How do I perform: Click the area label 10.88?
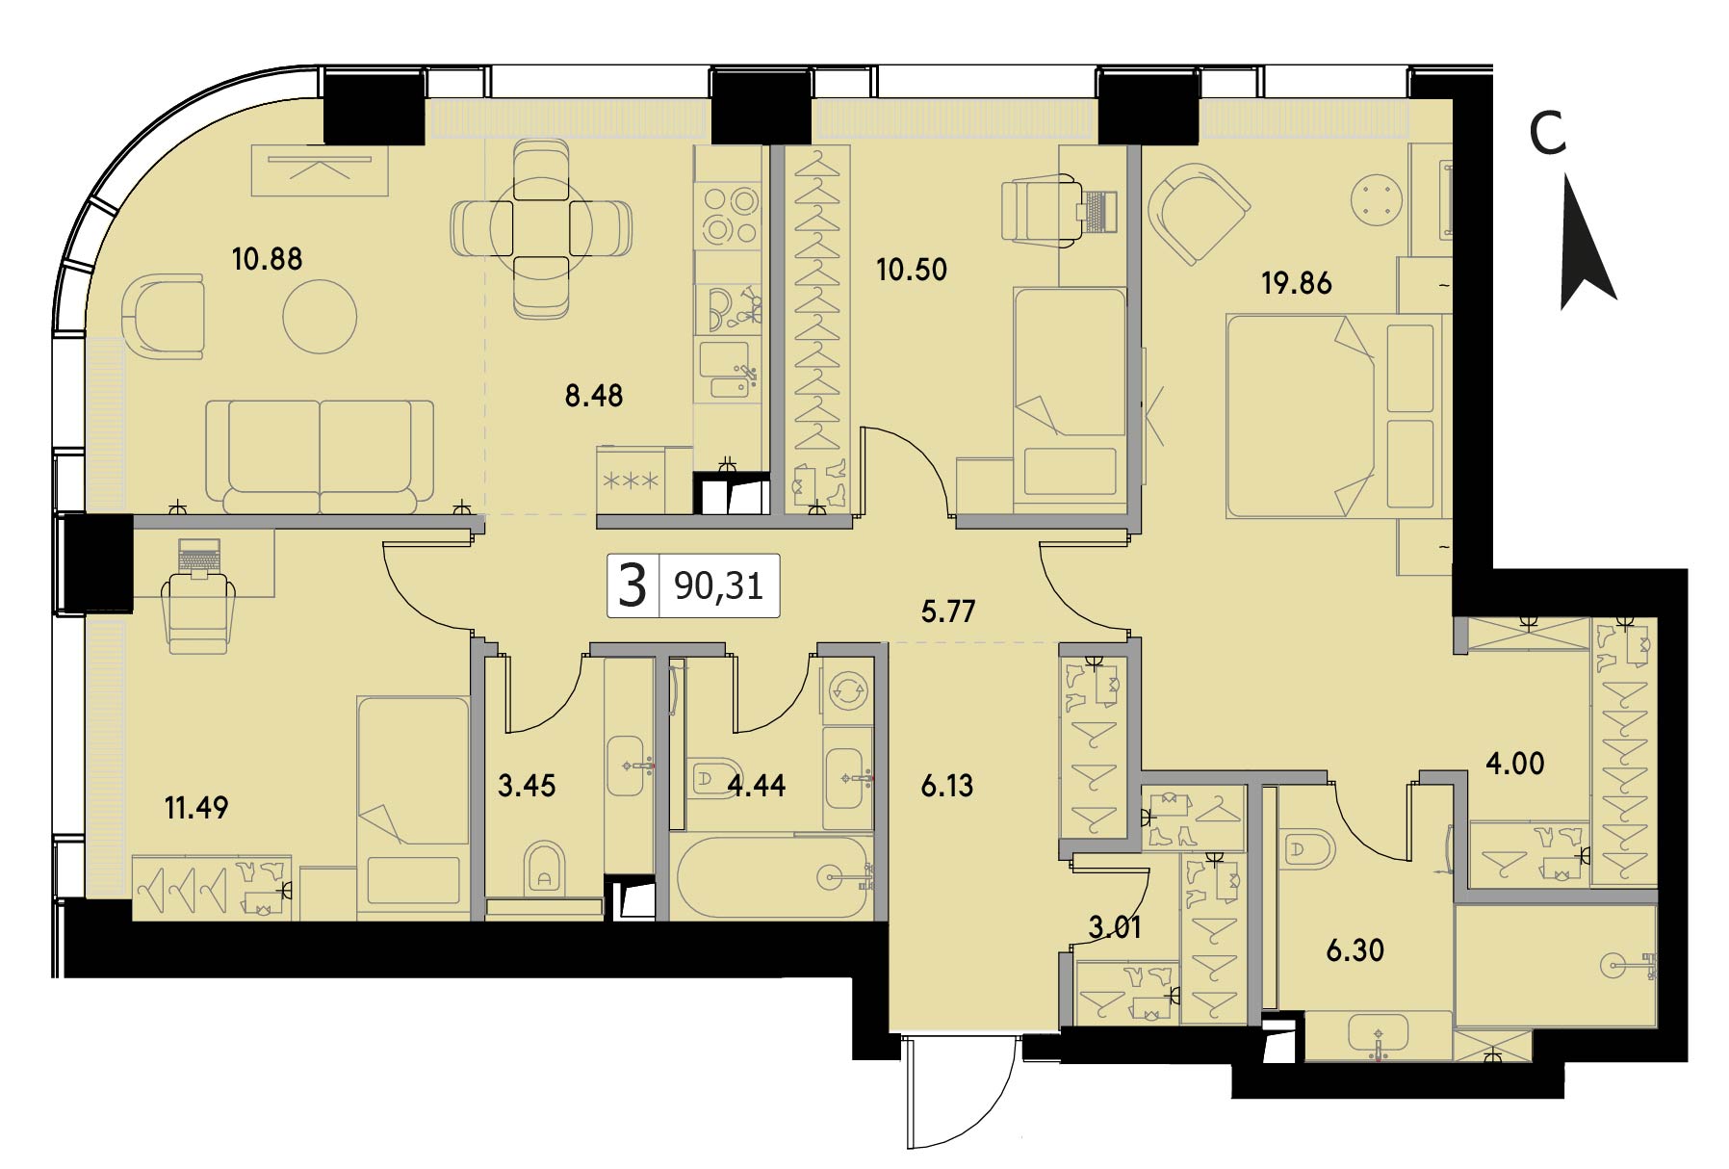coord(267,259)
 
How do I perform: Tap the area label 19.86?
coord(1297,283)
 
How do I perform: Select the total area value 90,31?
coord(719,584)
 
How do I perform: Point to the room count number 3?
coord(632,585)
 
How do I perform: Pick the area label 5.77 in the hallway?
coord(948,611)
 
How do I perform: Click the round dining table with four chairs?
coord(542,228)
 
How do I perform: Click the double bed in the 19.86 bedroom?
coord(1336,415)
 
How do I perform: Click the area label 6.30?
coord(1355,950)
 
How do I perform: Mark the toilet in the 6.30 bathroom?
coord(1306,850)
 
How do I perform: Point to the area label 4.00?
coord(1515,764)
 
